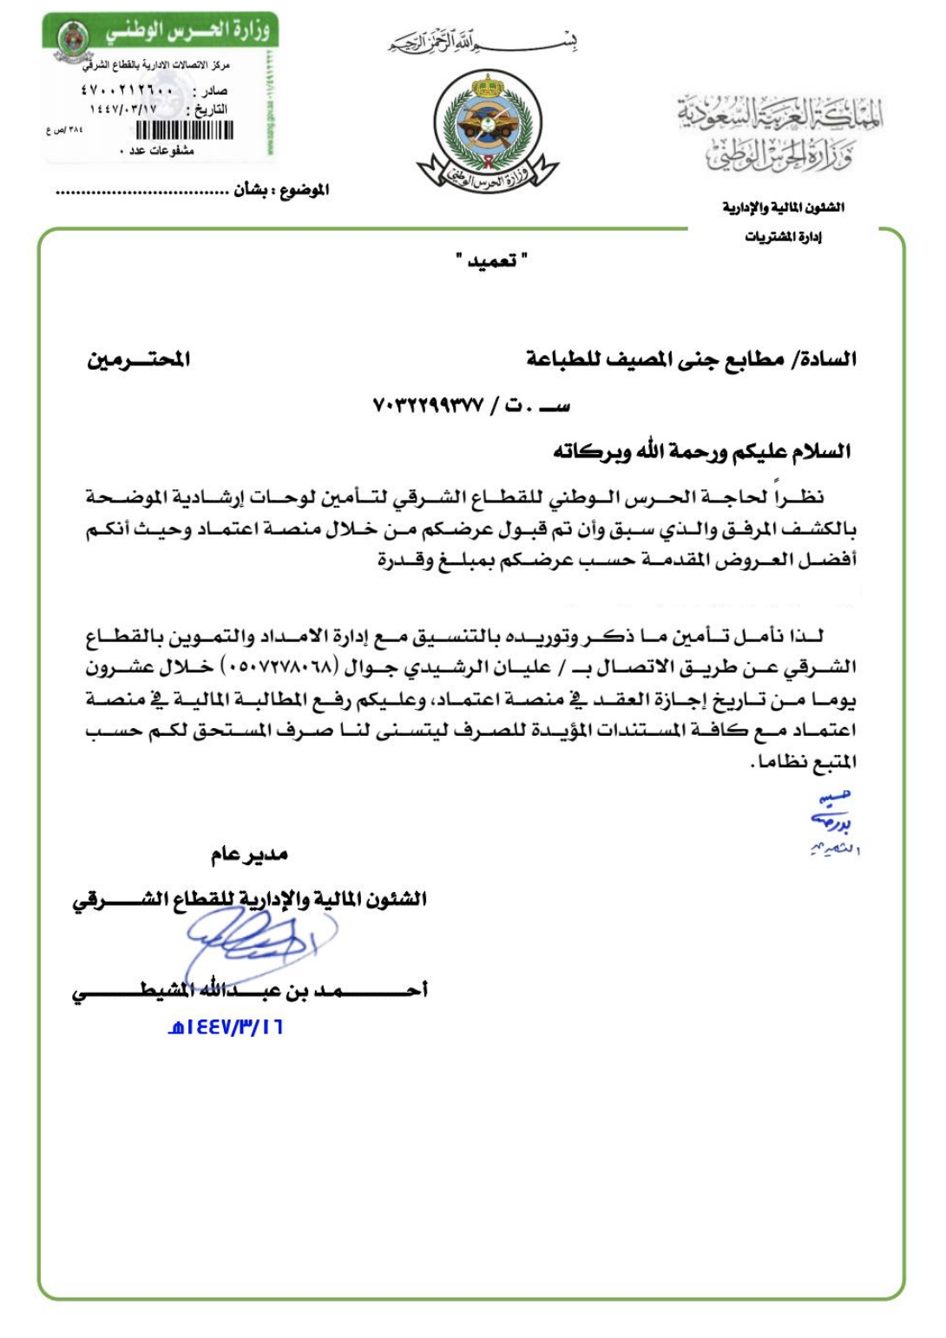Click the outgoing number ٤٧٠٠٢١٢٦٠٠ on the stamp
tap(128, 90)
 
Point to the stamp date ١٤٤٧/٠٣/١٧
tap(123, 109)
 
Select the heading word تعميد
tap(492, 260)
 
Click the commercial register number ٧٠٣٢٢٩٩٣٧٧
tap(428, 405)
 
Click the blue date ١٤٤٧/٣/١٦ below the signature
tap(226, 1027)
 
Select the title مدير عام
tap(249, 856)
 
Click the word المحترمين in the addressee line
tap(138, 358)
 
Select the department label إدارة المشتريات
tap(783, 237)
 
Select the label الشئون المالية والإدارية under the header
tap(783, 207)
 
